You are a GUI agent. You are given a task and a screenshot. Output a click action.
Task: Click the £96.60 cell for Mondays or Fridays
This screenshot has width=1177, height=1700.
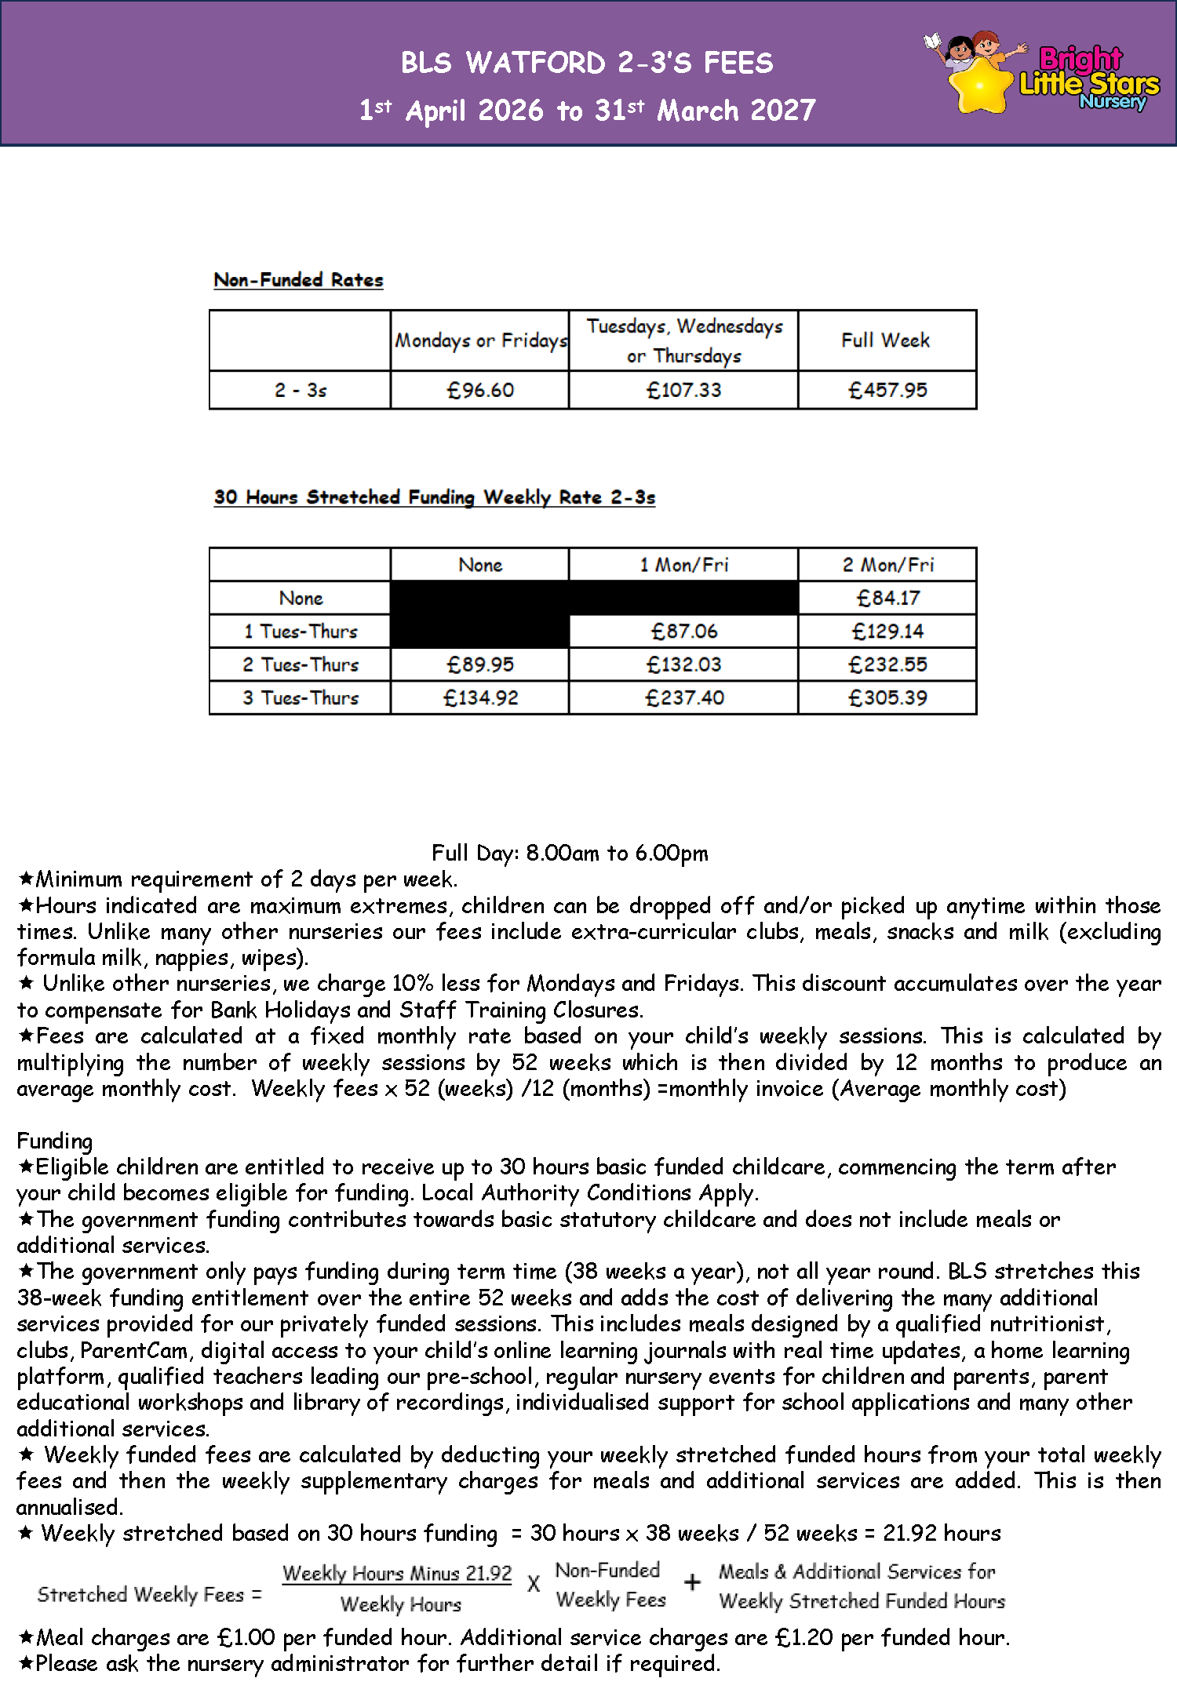[x=480, y=390]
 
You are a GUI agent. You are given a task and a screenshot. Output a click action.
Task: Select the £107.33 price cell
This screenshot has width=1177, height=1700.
[x=683, y=390]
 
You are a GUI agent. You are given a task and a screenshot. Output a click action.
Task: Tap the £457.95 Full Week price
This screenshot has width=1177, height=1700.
[x=887, y=390]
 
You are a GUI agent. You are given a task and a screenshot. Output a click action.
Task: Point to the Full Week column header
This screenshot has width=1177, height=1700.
[x=885, y=340]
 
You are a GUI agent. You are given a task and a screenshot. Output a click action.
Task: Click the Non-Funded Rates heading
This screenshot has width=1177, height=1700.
[x=298, y=280]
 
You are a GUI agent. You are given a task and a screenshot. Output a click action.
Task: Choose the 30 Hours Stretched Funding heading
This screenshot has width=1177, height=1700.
[x=434, y=497]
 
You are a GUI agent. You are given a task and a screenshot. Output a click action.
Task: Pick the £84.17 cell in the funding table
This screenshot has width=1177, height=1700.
[x=887, y=599]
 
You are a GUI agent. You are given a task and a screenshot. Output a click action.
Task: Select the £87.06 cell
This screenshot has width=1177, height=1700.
[x=683, y=632]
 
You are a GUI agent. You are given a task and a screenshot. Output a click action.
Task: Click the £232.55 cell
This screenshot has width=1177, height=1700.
[x=887, y=664]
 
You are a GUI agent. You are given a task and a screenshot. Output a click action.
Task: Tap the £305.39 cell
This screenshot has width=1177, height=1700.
[x=887, y=697]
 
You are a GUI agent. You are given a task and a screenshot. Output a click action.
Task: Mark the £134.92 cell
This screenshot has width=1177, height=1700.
[x=480, y=697]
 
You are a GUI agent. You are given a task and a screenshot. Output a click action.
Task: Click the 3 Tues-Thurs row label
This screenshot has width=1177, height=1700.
[x=301, y=697]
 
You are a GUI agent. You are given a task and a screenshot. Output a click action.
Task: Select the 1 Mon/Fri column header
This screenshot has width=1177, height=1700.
[x=683, y=565]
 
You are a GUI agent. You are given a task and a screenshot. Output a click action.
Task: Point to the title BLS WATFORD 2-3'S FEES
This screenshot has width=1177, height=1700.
[x=587, y=63]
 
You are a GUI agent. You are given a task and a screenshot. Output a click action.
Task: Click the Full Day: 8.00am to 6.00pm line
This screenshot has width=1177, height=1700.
[x=570, y=853]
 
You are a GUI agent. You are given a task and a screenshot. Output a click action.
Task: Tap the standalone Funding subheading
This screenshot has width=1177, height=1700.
[x=54, y=1141]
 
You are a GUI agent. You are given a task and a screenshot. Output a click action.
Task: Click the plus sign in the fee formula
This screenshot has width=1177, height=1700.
[x=692, y=1582]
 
